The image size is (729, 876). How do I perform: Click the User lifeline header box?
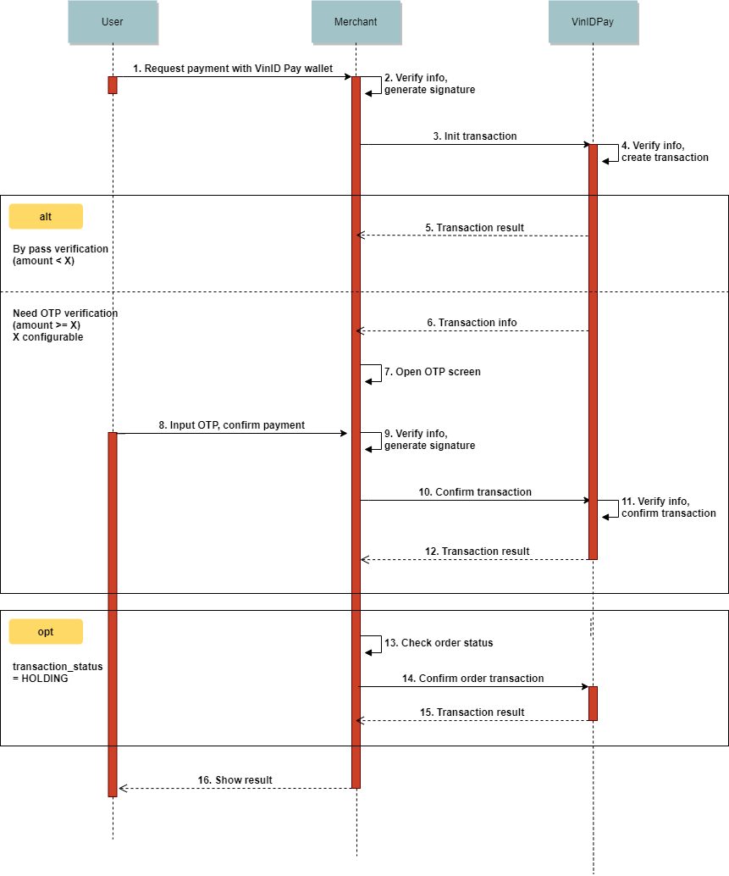coord(113,22)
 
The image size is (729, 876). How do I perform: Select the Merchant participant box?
coord(356,22)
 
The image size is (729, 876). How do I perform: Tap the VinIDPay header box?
coord(593,22)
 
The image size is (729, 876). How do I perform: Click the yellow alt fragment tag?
coord(46,217)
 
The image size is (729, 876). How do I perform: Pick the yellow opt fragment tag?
coord(46,632)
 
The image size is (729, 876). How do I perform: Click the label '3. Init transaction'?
coord(475,136)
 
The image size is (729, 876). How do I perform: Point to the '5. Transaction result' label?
coord(474,228)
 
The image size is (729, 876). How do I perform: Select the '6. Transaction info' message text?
coord(472,323)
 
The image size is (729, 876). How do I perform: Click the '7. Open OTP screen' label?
coord(432,372)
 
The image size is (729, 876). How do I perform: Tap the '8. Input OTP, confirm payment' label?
coord(232,425)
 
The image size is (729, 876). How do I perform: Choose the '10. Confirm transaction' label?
coord(475,492)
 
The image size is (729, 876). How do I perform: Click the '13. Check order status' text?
coord(439,643)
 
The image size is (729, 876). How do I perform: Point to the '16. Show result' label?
coord(235,780)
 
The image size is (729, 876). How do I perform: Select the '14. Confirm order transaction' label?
coord(472,679)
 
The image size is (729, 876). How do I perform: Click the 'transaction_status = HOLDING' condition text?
coord(58,673)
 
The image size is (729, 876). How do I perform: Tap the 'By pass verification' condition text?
coord(60,249)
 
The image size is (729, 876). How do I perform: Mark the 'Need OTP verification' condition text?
coord(65,313)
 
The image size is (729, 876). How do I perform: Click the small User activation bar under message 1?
coord(113,85)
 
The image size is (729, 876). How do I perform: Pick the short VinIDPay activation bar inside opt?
coord(593,703)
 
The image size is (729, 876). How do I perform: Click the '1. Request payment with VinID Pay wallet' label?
coord(233,69)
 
